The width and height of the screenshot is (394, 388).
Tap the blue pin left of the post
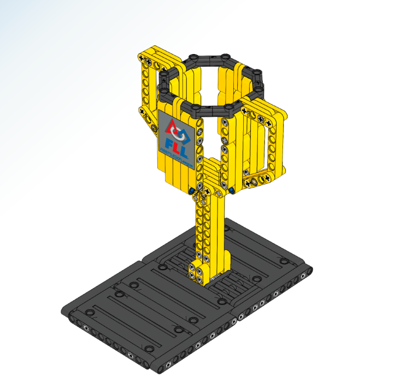192,190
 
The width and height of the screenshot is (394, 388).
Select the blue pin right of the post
232,190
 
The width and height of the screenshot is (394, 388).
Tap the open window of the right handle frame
266,145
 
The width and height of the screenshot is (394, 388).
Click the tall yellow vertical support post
210,229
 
